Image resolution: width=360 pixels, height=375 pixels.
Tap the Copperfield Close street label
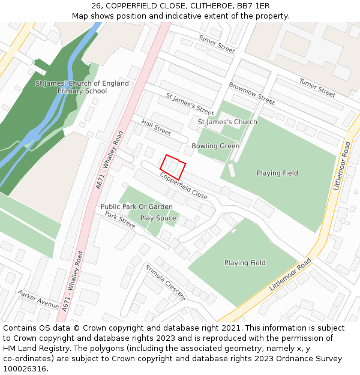[x=184, y=186]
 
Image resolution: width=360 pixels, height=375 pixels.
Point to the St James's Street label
[x=190, y=104]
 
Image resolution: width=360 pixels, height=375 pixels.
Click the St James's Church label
[x=227, y=122]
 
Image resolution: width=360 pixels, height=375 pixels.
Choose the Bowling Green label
[x=215, y=146]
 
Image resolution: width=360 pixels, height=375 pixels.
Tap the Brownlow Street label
[x=251, y=93]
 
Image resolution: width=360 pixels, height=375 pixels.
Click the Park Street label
[x=120, y=220]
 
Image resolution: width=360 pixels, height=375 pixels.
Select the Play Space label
[x=158, y=218]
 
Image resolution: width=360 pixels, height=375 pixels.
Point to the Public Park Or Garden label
[x=137, y=207]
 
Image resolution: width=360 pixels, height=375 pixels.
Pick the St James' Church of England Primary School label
[x=82, y=87]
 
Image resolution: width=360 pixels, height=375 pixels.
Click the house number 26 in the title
[x=96, y=6]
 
